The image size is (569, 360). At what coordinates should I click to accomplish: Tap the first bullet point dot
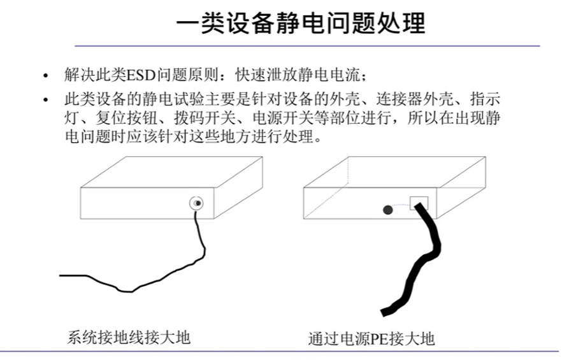coord(45,76)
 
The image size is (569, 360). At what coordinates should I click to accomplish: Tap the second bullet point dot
coord(45,101)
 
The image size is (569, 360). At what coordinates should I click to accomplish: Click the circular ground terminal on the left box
coord(197,203)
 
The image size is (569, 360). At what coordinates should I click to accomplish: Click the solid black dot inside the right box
coord(387,210)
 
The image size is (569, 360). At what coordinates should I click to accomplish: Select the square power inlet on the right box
coord(419,203)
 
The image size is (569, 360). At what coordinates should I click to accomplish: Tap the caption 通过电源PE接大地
coord(370,338)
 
